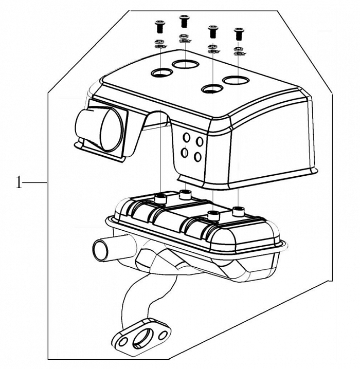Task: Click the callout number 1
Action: [19, 182]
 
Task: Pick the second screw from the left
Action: [184, 22]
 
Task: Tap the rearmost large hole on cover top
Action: [185, 64]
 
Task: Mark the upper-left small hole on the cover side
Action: [186, 138]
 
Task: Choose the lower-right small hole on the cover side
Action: [199, 157]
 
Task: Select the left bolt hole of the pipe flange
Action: [121, 341]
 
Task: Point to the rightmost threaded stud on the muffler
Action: [238, 210]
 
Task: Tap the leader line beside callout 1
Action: [35, 182]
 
